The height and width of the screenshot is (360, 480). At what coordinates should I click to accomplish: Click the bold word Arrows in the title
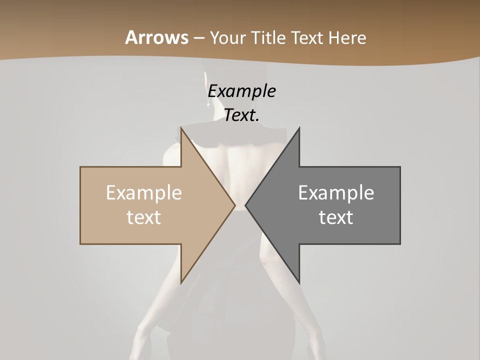point(156,37)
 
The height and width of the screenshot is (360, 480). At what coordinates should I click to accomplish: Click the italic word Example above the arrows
point(242,91)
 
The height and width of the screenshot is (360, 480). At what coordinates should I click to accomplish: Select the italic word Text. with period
point(242,115)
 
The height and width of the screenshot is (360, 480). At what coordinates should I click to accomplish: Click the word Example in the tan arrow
point(144,193)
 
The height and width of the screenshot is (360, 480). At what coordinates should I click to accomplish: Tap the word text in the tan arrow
point(144,217)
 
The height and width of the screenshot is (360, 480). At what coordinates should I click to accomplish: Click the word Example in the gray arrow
point(336,193)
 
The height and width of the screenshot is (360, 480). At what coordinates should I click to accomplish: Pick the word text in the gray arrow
point(336,217)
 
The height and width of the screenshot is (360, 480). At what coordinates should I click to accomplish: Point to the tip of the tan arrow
point(234,205)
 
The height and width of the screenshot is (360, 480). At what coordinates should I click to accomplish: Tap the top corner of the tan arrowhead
point(181,128)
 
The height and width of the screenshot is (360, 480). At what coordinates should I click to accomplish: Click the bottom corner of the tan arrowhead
point(181,282)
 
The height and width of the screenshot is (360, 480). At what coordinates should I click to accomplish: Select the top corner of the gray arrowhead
point(299,128)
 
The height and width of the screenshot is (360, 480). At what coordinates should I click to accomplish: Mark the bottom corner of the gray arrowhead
point(299,282)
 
